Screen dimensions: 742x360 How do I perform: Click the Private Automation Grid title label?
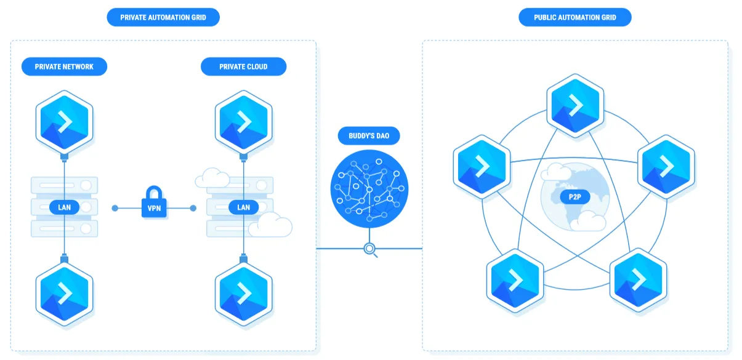[163, 17]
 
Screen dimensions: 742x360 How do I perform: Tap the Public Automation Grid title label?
[575, 17]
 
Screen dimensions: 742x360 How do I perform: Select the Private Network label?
[64, 66]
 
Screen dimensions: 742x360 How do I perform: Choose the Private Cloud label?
[243, 66]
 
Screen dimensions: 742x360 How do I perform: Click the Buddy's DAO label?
[369, 136]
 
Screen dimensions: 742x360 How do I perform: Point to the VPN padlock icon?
[154, 202]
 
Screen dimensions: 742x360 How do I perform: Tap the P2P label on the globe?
[575, 197]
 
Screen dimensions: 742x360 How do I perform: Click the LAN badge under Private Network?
[64, 207]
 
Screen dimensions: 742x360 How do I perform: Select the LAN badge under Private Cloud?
[243, 207]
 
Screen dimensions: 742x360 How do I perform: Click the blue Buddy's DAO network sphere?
[369, 189]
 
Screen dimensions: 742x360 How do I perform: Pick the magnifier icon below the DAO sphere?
[370, 249]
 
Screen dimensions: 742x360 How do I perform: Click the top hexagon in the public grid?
[575, 105]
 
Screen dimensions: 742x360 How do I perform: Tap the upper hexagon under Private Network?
[64, 122]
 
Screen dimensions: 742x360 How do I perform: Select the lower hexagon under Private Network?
[64, 294]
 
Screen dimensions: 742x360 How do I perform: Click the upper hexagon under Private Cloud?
[243, 122]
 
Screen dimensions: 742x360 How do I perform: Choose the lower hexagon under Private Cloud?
[243, 294]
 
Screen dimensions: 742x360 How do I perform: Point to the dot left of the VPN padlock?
[115, 208]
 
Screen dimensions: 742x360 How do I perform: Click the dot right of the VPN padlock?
[193, 208]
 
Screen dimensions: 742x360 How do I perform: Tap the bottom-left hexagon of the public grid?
[515, 280]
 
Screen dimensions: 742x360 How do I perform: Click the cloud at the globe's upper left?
[556, 172]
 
